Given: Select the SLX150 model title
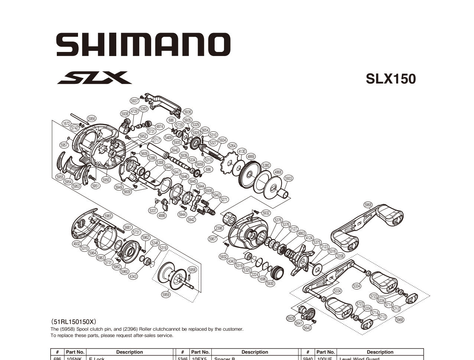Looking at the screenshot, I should (x=391, y=79).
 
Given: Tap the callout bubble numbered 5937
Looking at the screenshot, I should (x=134, y=101).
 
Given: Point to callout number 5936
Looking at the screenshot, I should (x=188, y=112).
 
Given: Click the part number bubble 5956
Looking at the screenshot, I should (x=91, y=119).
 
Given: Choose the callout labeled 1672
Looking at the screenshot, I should (x=66, y=124).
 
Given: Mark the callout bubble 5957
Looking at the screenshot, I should (x=64, y=145).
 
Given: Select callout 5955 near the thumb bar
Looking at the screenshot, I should (x=60, y=177).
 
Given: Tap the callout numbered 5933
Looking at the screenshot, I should (x=288, y=178).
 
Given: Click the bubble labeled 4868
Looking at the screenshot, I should (x=277, y=172).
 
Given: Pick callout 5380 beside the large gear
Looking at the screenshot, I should (x=266, y=166).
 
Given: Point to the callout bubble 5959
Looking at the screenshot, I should (x=166, y=294).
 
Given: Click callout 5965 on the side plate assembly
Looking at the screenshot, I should (x=108, y=216).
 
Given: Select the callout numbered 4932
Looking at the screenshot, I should (x=77, y=244).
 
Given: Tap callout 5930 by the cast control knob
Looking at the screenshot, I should (x=270, y=284).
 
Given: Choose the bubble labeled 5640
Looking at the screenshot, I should (x=307, y=328).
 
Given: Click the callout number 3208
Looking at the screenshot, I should (x=340, y=256).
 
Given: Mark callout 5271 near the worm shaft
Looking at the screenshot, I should (x=224, y=199).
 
